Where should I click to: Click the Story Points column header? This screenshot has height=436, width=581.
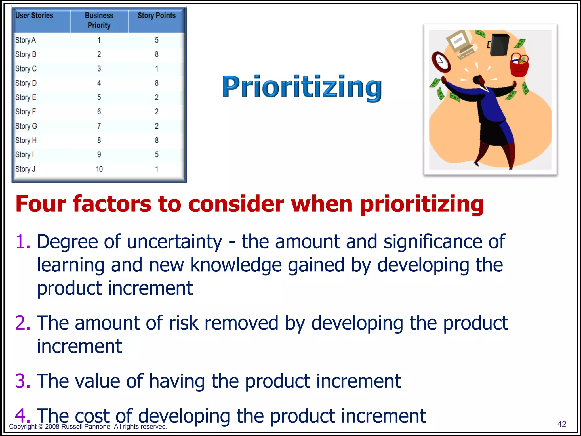[x=156, y=16]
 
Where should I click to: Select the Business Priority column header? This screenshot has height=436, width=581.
[x=99, y=20]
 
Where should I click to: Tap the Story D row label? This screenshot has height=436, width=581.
[x=26, y=83]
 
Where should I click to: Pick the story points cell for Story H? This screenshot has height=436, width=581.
[x=157, y=140]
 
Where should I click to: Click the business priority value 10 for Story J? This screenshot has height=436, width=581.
[x=99, y=169]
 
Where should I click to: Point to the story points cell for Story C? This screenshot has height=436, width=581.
[x=157, y=69]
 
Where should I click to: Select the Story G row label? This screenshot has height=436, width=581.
[x=26, y=126]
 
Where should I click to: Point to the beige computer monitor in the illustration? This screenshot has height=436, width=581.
[x=459, y=41]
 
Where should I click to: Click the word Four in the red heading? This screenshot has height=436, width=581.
[x=41, y=204]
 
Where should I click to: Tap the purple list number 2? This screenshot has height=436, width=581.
[x=22, y=323]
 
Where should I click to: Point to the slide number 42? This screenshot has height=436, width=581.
[x=562, y=424]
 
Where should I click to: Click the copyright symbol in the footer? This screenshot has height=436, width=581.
[x=41, y=427]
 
